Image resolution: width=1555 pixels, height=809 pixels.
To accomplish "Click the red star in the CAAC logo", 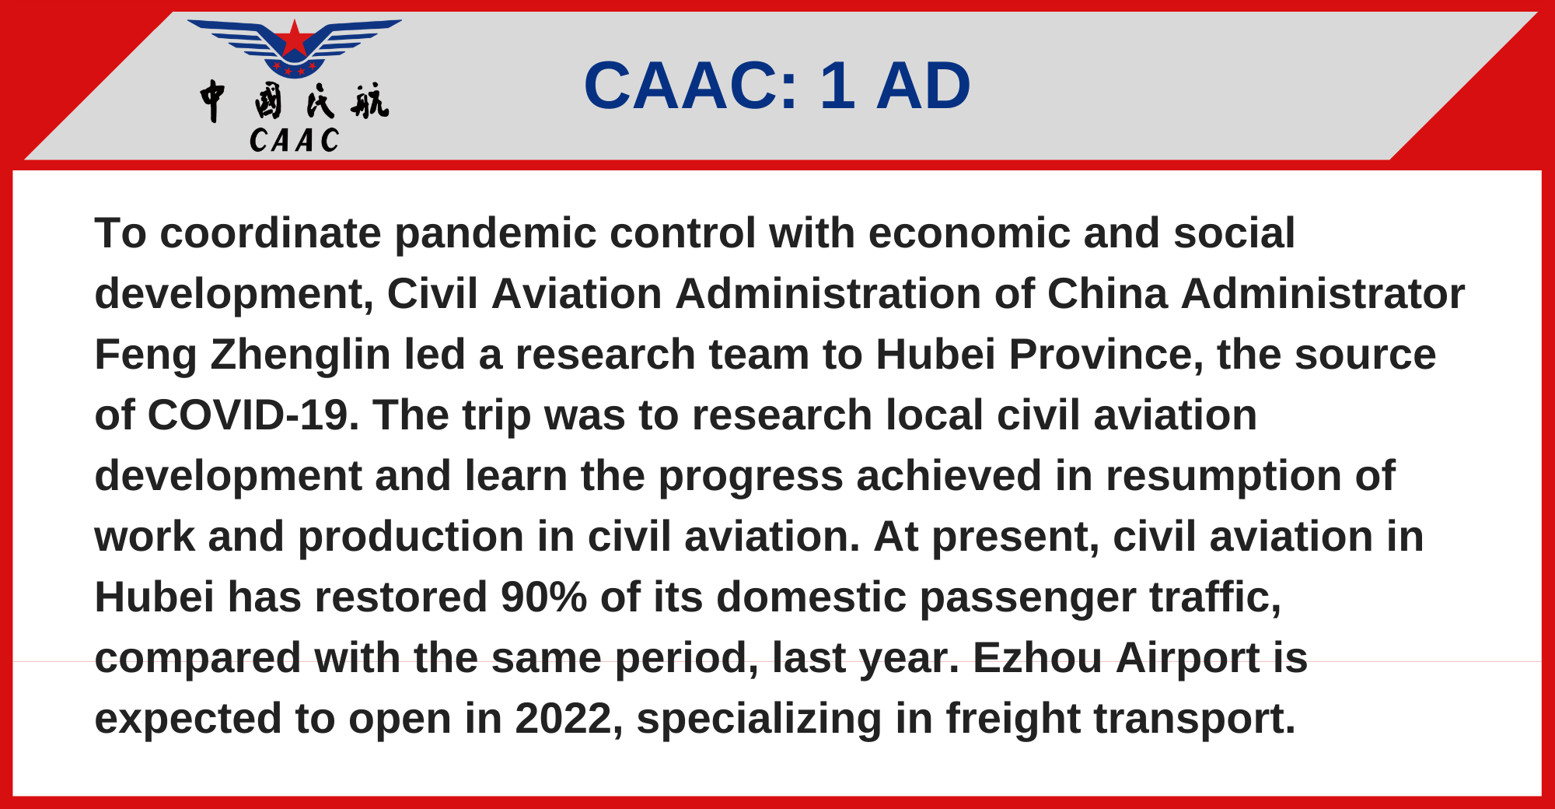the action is pos(294,39).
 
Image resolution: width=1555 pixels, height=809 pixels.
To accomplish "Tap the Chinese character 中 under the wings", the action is pos(212,101).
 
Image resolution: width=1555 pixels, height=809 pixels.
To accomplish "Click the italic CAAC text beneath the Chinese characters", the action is pos(295,141).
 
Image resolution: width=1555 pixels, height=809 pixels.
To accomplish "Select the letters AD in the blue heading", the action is pos(924,86).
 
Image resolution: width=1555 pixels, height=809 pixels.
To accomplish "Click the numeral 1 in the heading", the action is pos(837,86).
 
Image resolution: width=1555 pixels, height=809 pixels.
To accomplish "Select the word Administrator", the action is pos(1323,294).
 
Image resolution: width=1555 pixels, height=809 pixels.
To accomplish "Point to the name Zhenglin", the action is pos(300,355).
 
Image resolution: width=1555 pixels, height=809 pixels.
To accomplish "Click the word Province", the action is pos(1106,355).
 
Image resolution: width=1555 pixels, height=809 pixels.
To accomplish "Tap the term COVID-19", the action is pos(253,415).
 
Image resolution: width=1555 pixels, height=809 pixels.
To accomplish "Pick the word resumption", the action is pos(1224,477).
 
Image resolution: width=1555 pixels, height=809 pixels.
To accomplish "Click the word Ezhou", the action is pos(1037,658).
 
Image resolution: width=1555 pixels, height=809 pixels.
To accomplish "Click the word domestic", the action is pos(812,597).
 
